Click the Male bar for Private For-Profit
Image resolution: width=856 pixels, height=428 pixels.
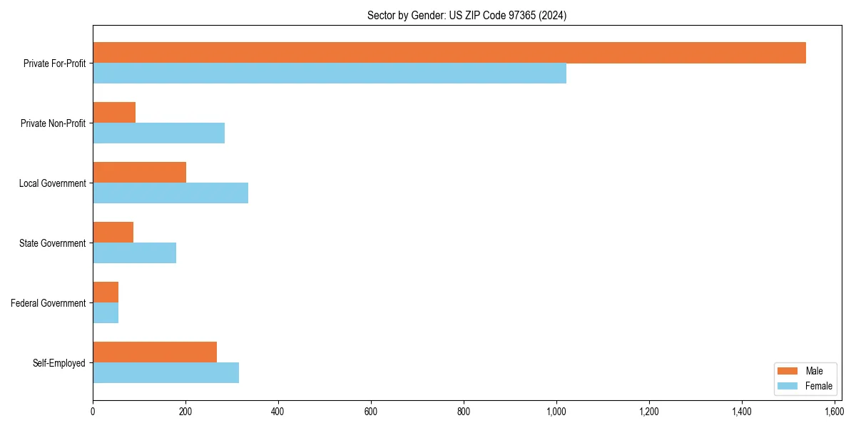(x=449, y=53)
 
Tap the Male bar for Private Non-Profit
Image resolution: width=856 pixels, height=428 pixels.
(x=114, y=113)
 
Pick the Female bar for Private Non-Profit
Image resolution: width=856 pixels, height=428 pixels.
(x=158, y=133)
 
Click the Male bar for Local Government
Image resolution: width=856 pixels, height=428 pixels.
(x=139, y=173)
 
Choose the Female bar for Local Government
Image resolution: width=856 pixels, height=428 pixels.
(x=170, y=193)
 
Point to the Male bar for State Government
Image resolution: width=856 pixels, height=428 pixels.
(x=113, y=233)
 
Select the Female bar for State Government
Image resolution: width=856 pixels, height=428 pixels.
(x=134, y=253)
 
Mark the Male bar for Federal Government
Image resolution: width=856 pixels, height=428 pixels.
(x=106, y=292)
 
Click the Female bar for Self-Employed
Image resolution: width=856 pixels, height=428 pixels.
(x=165, y=373)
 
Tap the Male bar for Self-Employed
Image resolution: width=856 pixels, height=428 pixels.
(x=155, y=352)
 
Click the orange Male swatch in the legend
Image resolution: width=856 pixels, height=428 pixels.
(x=788, y=371)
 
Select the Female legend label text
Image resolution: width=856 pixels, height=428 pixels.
(x=818, y=386)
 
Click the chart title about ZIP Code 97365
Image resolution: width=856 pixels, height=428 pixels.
(x=467, y=16)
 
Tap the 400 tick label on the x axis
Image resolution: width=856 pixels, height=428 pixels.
(x=278, y=412)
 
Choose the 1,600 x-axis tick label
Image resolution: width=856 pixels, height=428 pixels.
(x=834, y=412)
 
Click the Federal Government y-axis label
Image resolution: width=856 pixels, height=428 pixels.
(x=49, y=303)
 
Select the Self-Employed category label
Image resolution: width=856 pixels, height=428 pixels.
(x=59, y=363)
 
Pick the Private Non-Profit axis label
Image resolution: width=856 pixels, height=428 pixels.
(x=54, y=123)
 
